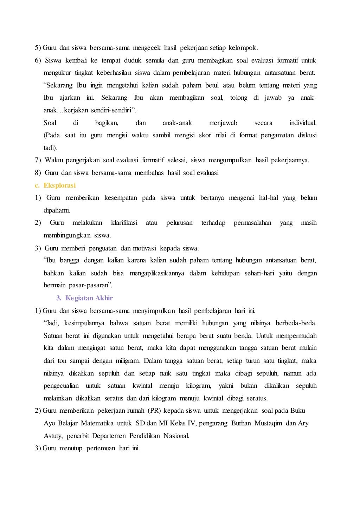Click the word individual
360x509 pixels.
click(303, 123)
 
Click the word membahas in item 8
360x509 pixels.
click(151, 173)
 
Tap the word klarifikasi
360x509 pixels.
click(124, 223)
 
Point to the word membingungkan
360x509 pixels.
click(67, 235)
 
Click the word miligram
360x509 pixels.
click(128, 361)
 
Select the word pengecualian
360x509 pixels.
click(61, 386)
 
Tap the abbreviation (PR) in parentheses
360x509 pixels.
click(154, 411)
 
